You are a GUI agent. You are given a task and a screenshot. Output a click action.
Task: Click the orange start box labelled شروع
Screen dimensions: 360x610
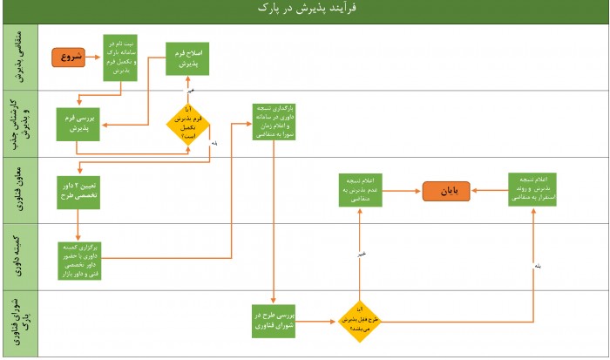click(x=72, y=58)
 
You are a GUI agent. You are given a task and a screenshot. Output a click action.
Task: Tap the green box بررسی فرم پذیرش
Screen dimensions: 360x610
click(x=78, y=125)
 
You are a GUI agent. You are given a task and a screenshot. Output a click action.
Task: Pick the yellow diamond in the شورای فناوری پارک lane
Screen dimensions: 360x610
click(x=359, y=321)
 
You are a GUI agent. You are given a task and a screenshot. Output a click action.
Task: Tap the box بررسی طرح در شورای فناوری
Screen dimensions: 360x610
click(x=274, y=321)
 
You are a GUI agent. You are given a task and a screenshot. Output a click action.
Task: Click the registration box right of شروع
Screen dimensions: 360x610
click(x=120, y=58)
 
